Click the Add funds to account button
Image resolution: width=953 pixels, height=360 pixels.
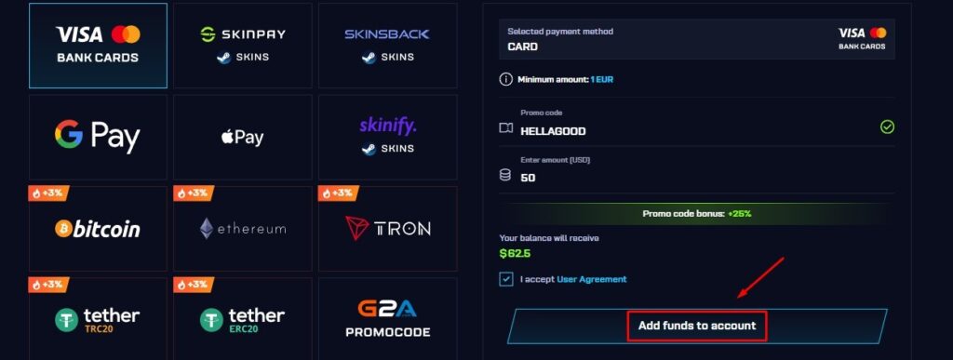pos(697,327)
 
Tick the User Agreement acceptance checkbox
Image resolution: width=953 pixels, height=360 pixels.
pos(506,279)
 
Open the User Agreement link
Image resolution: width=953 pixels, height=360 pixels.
pos(592,279)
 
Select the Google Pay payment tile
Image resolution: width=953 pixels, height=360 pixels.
pos(98,137)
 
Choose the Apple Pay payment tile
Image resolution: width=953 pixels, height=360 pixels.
pos(242,137)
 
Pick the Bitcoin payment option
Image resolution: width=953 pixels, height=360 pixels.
pos(98,229)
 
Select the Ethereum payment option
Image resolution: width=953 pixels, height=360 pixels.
pos(242,229)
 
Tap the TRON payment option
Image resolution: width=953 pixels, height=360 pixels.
pos(387,229)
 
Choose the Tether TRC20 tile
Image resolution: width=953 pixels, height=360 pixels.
pos(98,319)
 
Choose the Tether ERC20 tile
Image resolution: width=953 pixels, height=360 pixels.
pos(242,319)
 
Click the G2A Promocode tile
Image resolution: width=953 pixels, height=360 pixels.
pos(387,319)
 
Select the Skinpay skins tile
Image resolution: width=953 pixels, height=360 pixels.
pos(242,44)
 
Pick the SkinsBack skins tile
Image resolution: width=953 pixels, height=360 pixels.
pos(387,44)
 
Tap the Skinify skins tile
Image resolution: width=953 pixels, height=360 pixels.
pos(387,137)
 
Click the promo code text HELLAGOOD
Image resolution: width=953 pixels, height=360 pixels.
pos(554,131)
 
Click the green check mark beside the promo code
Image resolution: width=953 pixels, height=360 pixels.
pos(887,127)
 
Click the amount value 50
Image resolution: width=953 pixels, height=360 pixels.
pos(528,178)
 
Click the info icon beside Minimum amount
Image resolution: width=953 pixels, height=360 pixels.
pos(506,79)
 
